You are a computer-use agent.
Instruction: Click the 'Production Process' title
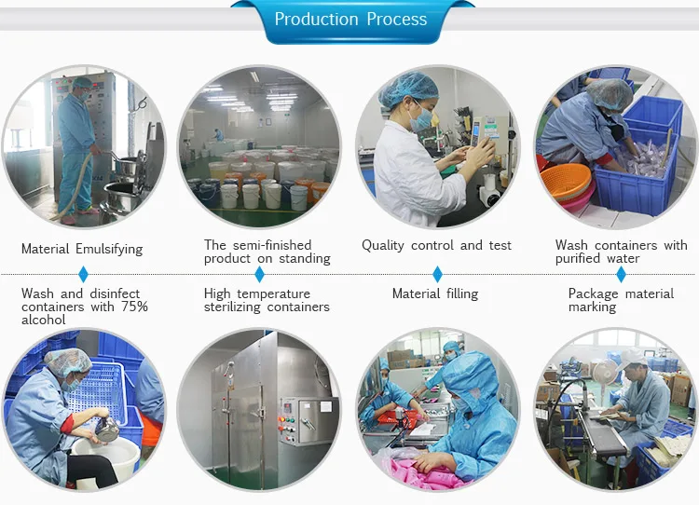[350, 20]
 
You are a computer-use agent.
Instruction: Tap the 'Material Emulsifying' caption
[82, 249]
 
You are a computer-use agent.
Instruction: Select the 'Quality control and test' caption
[436, 245]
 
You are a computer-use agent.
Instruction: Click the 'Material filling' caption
[434, 293]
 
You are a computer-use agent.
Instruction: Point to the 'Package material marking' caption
[621, 300]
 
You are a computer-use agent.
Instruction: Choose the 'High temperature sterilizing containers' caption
[267, 300]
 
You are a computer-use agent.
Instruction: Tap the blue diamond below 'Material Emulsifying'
[83, 275]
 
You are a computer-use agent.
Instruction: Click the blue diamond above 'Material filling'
[437, 275]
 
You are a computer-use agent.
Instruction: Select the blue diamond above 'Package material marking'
[621, 275]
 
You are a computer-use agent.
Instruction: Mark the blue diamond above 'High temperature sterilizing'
[259, 275]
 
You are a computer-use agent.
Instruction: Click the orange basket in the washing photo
[564, 181]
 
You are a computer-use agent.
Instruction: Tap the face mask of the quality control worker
[423, 118]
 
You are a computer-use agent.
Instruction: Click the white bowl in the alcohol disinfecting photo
[103, 457]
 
